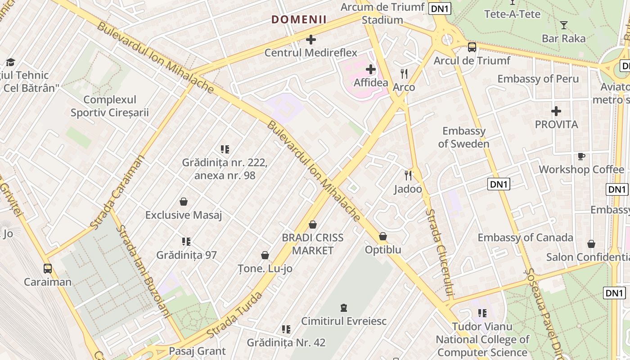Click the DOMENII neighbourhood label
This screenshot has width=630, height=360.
(x=299, y=19)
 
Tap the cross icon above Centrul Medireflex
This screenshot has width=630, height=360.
(x=310, y=40)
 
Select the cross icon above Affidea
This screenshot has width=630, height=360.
(x=370, y=69)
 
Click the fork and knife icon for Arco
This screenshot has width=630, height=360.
(x=404, y=73)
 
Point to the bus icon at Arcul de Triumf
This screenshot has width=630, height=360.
(x=472, y=47)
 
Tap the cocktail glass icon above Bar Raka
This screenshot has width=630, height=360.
(x=563, y=25)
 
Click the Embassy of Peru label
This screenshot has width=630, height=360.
(x=538, y=79)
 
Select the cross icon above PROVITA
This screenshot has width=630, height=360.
(x=556, y=111)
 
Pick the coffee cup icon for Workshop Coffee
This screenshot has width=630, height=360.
(x=581, y=156)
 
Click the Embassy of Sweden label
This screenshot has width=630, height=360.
(x=463, y=137)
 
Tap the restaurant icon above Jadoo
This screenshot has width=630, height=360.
(x=408, y=175)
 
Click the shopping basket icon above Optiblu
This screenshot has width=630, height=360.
(x=382, y=236)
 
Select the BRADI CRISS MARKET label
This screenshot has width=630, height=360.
(x=313, y=244)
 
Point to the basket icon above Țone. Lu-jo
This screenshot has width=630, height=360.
(x=265, y=255)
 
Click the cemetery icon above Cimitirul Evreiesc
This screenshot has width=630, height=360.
(x=344, y=308)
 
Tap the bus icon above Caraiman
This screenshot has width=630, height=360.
(x=47, y=269)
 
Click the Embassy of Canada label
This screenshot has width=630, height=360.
(x=525, y=238)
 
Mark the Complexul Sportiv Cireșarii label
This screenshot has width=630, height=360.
(x=109, y=106)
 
